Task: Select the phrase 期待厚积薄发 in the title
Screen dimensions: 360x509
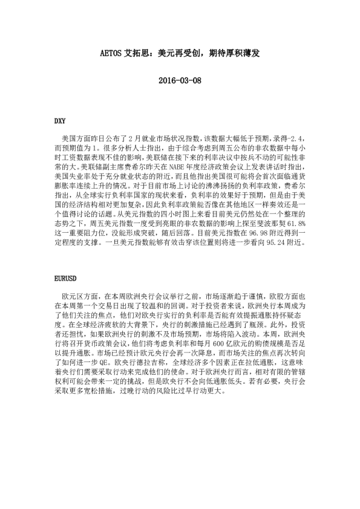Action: (234, 54)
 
